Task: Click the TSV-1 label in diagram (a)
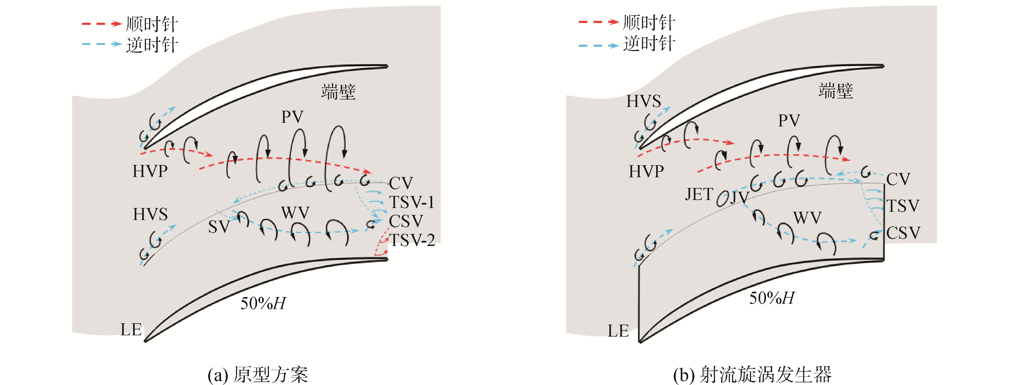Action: point(411,202)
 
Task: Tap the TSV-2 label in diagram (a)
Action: point(412,240)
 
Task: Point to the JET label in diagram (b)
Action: point(699,194)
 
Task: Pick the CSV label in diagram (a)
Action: point(406,221)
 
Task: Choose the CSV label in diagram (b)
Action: point(903,233)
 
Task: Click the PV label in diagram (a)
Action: point(292,117)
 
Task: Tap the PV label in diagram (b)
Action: point(789,120)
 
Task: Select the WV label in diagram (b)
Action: point(807,218)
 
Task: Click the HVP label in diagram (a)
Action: point(150,171)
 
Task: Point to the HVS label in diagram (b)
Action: point(643,101)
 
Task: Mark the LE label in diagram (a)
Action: point(131,330)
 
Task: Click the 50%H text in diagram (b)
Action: point(772,298)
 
